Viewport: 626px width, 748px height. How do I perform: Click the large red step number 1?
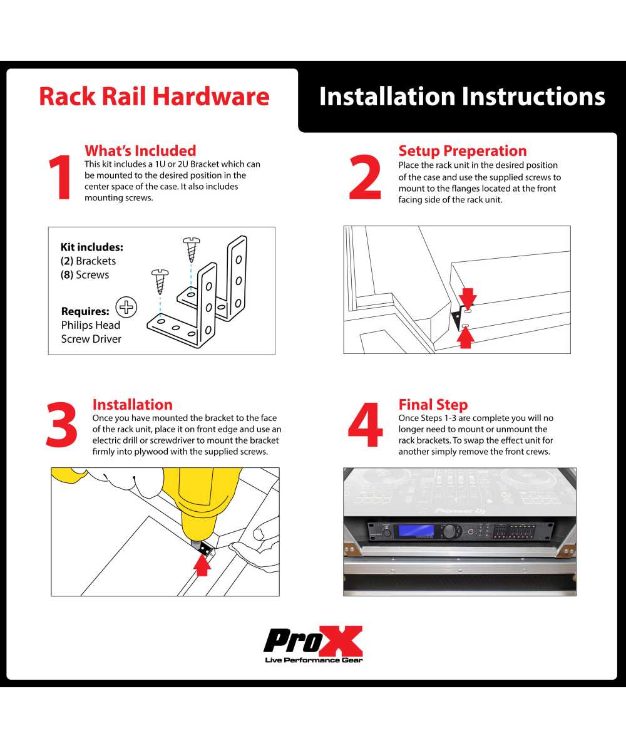tap(61, 179)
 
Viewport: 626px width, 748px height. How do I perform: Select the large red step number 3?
tap(62, 423)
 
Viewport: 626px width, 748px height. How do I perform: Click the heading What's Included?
tap(140, 151)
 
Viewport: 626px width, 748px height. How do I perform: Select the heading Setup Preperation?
tap(463, 151)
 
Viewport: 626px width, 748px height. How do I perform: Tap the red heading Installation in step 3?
tap(132, 405)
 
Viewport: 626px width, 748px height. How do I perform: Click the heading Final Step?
tap(433, 405)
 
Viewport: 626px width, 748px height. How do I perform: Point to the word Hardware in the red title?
tap(211, 96)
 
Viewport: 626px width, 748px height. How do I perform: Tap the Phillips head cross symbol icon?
tap(127, 307)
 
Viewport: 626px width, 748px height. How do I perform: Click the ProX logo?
tap(313, 640)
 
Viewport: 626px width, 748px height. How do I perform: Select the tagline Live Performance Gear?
tap(313, 660)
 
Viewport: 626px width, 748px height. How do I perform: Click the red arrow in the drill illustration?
tap(202, 565)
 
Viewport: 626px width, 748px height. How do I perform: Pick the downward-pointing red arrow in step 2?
tap(468, 296)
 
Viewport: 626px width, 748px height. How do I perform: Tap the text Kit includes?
tap(91, 247)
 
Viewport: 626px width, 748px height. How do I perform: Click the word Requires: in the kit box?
tap(85, 311)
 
